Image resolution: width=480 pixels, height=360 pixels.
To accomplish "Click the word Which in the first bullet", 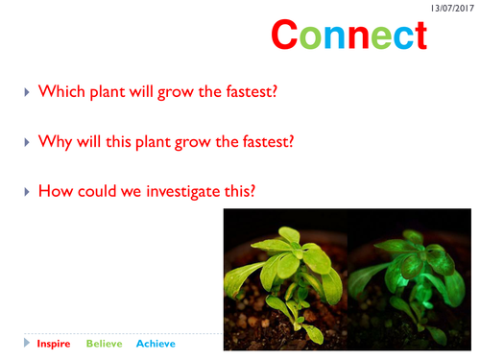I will tap(60, 92).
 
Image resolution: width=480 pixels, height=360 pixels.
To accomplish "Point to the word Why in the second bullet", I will tap(55, 141).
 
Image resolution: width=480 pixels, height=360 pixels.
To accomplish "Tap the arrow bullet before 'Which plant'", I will tap(27, 92).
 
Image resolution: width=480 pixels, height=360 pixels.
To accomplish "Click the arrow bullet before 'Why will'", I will tap(27, 141).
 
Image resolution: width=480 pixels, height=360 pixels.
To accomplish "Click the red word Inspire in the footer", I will tap(53, 343).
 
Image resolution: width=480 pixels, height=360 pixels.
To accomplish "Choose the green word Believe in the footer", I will tap(105, 343).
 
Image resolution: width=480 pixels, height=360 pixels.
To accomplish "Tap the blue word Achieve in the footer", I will tap(156, 343).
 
